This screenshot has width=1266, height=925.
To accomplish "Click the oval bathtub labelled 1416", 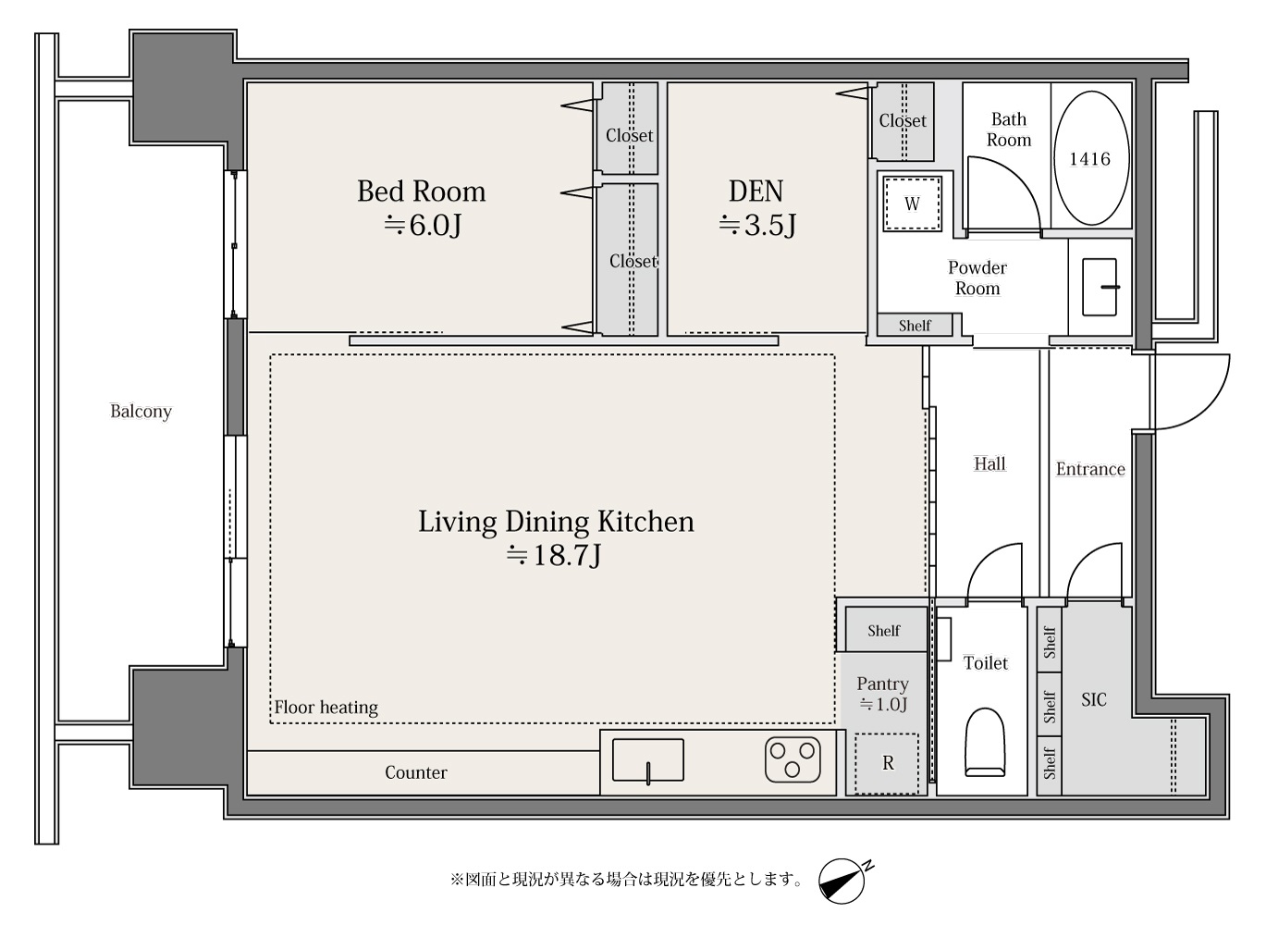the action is click(1091, 158).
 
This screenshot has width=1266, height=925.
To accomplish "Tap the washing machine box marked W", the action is click(912, 203).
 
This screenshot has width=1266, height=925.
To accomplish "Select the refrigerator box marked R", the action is click(887, 763).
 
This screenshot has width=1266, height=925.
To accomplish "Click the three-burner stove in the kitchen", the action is click(793, 759).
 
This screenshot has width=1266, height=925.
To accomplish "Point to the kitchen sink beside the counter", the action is click(648, 761).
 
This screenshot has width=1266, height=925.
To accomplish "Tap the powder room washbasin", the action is click(1100, 287).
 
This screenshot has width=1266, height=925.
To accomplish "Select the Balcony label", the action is click(141, 411).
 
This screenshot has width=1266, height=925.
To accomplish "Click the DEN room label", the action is click(756, 191).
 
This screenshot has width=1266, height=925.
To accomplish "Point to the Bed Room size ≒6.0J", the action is click(423, 225).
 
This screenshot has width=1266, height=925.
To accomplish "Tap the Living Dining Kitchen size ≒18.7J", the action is click(553, 555).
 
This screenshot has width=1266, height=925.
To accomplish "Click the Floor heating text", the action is click(326, 708).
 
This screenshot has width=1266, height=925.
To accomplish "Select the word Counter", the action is click(416, 772).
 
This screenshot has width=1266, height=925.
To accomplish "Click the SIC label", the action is click(1094, 700).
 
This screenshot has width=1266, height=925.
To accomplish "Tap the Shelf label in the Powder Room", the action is click(915, 326).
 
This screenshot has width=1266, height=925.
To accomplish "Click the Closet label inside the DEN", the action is click(903, 120).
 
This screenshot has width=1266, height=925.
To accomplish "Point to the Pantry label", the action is click(882, 684).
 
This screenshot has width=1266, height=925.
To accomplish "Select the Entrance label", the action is click(1090, 469).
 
